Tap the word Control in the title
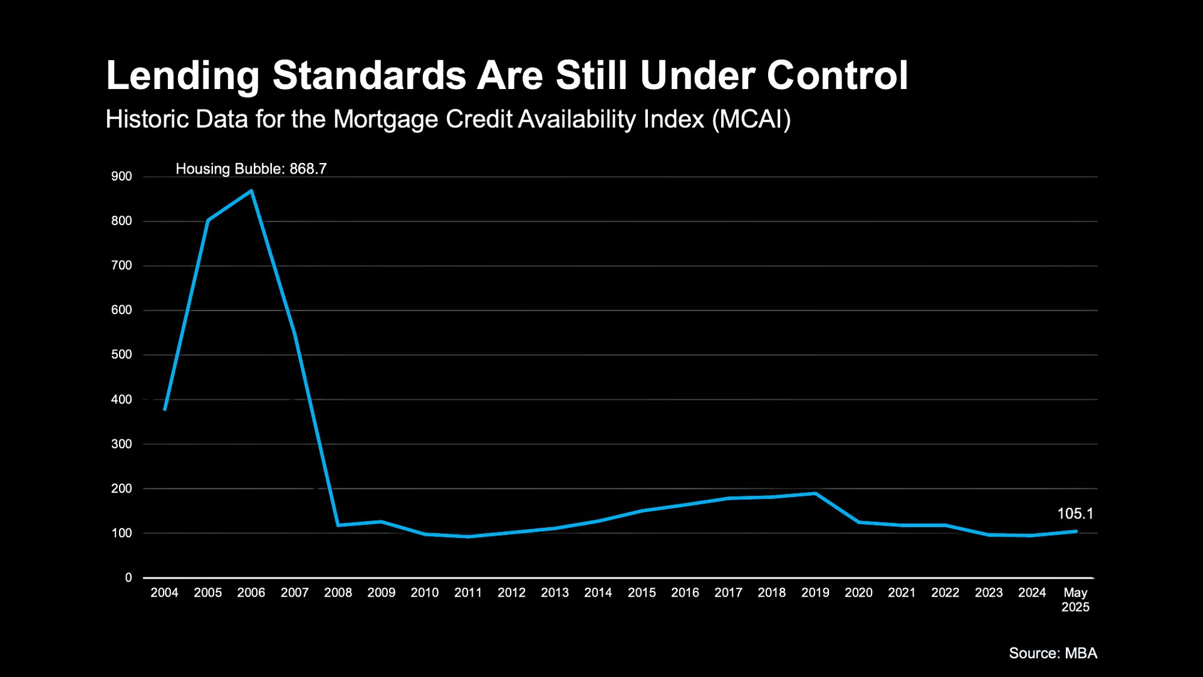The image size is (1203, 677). click(837, 76)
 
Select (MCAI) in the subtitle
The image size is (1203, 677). click(751, 119)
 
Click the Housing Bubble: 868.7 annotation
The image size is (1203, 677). click(251, 169)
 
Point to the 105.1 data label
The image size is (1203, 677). click(1075, 513)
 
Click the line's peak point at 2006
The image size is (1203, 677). click(251, 191)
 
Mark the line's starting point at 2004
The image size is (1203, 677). click(165, 409)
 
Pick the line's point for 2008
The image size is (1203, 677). click(338, 525)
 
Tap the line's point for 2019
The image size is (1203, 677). click(815, 493)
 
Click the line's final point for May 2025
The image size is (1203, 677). click(1076, 531)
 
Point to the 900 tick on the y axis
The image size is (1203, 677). click(122, 176)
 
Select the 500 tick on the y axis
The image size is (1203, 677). click(122, 354)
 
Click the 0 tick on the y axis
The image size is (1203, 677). click(128, 577)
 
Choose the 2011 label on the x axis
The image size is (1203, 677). click(468, 592)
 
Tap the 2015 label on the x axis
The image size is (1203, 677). click(642, 592)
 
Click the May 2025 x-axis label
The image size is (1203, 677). click(1075, 599)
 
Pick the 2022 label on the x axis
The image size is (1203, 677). click(945, 592)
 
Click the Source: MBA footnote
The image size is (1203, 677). click(1053, 653)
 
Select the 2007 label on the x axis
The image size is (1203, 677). click(294, 592)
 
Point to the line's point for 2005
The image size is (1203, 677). click(208, 220)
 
